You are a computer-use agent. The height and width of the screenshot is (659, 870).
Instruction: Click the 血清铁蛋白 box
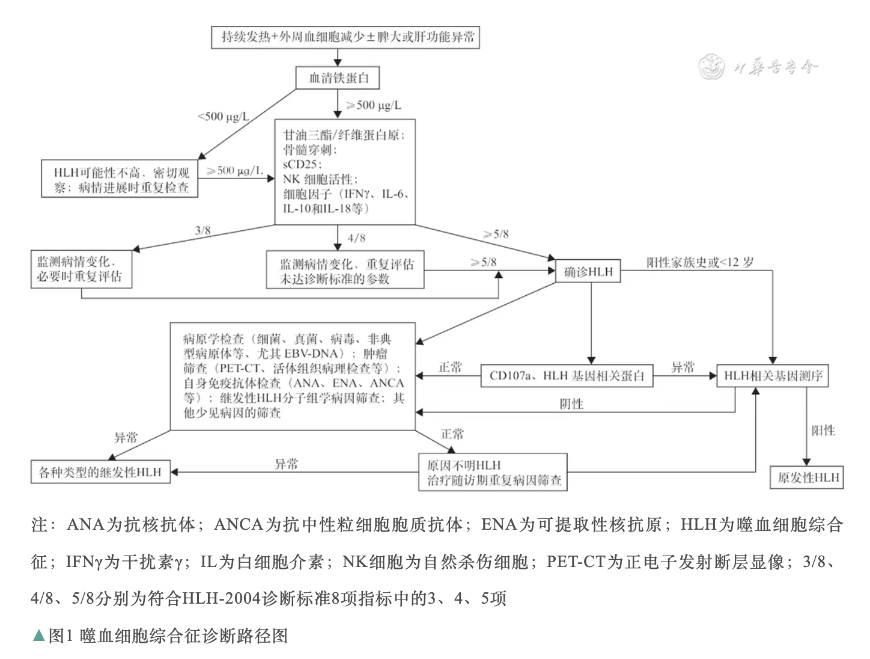[338, 78]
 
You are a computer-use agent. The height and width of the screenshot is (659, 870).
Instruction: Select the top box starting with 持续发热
[345, 37]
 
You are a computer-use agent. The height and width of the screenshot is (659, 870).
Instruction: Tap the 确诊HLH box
[588, 272]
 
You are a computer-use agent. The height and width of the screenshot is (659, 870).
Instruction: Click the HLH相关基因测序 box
[773, 376]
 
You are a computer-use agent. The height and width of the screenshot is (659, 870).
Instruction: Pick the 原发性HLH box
[808, 477]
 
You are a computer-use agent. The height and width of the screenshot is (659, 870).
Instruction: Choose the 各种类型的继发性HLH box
[100, 473]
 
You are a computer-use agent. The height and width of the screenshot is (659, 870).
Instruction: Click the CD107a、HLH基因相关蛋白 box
[567, 376]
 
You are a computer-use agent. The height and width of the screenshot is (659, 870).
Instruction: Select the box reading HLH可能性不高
[120, 179]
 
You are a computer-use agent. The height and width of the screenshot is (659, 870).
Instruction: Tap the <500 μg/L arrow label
[224, 116]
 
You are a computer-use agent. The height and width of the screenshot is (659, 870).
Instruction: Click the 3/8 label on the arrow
[203, 230]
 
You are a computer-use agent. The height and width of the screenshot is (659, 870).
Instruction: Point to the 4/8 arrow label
[356, 238]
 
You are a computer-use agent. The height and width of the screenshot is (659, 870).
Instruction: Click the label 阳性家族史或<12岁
[700, 263]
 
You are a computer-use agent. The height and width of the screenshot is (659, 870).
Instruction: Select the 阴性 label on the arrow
[571, 404]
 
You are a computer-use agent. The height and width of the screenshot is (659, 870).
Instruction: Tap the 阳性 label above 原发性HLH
[823, 431]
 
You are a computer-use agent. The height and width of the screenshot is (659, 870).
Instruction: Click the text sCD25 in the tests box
[302, 164]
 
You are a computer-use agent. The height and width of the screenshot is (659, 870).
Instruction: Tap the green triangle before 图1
[38, 636]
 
